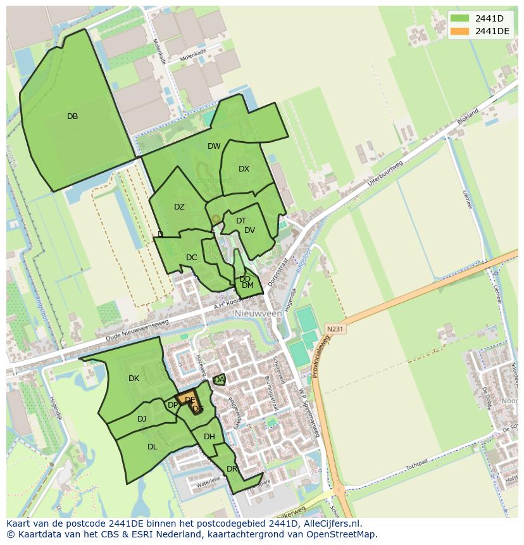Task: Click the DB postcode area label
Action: click(72, 116)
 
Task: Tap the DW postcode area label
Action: click(214, 146)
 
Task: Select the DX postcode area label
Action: click(244, 169)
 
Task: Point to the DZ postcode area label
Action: click(179, 207)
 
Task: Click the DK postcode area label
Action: click(134, 379)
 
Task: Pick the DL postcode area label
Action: click(152, 447)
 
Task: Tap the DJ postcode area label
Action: click(142, 418)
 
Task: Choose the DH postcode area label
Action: click(209, 437)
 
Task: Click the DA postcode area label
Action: click(219, 380)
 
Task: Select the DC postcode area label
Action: click(192, 258)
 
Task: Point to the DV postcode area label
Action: click(249, 230)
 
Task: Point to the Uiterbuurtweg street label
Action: click(386, 171)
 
